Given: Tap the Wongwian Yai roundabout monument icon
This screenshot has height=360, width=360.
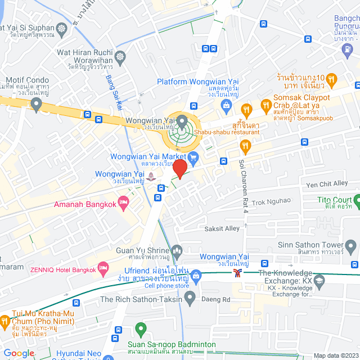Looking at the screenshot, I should pyautogui.click(x=182, y=120).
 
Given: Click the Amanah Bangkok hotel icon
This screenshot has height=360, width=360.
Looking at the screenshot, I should pyautogui.click(x=124, y=204).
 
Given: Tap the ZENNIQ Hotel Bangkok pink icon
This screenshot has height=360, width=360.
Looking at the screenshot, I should pyautogui.click(x=103, y=269).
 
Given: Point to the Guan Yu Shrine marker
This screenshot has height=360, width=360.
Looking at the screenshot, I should pyautogui.click(x=177, y=250).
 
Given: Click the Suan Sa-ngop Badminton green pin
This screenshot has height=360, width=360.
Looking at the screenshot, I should pyautogui.click(x=141, y=328).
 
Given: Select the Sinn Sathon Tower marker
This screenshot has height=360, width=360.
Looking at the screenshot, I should pyautogui.click(x=352, y=245).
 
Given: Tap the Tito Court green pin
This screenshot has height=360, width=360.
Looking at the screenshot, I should pyautogui.click(x=357, y=200).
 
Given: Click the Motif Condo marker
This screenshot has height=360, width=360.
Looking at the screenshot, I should pyautogui.click(x=37, y=103).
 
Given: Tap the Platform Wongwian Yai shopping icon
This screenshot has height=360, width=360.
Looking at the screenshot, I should pyautogui.click(x=226, y=105).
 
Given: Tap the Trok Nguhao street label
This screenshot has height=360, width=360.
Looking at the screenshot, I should pyautogui.click(x=271, y=200).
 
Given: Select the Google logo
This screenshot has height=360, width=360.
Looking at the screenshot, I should pyautogui.click(x=19, y=353).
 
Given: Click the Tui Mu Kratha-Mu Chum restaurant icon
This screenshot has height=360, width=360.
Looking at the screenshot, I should pyautogui.click(x=3, y=322).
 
